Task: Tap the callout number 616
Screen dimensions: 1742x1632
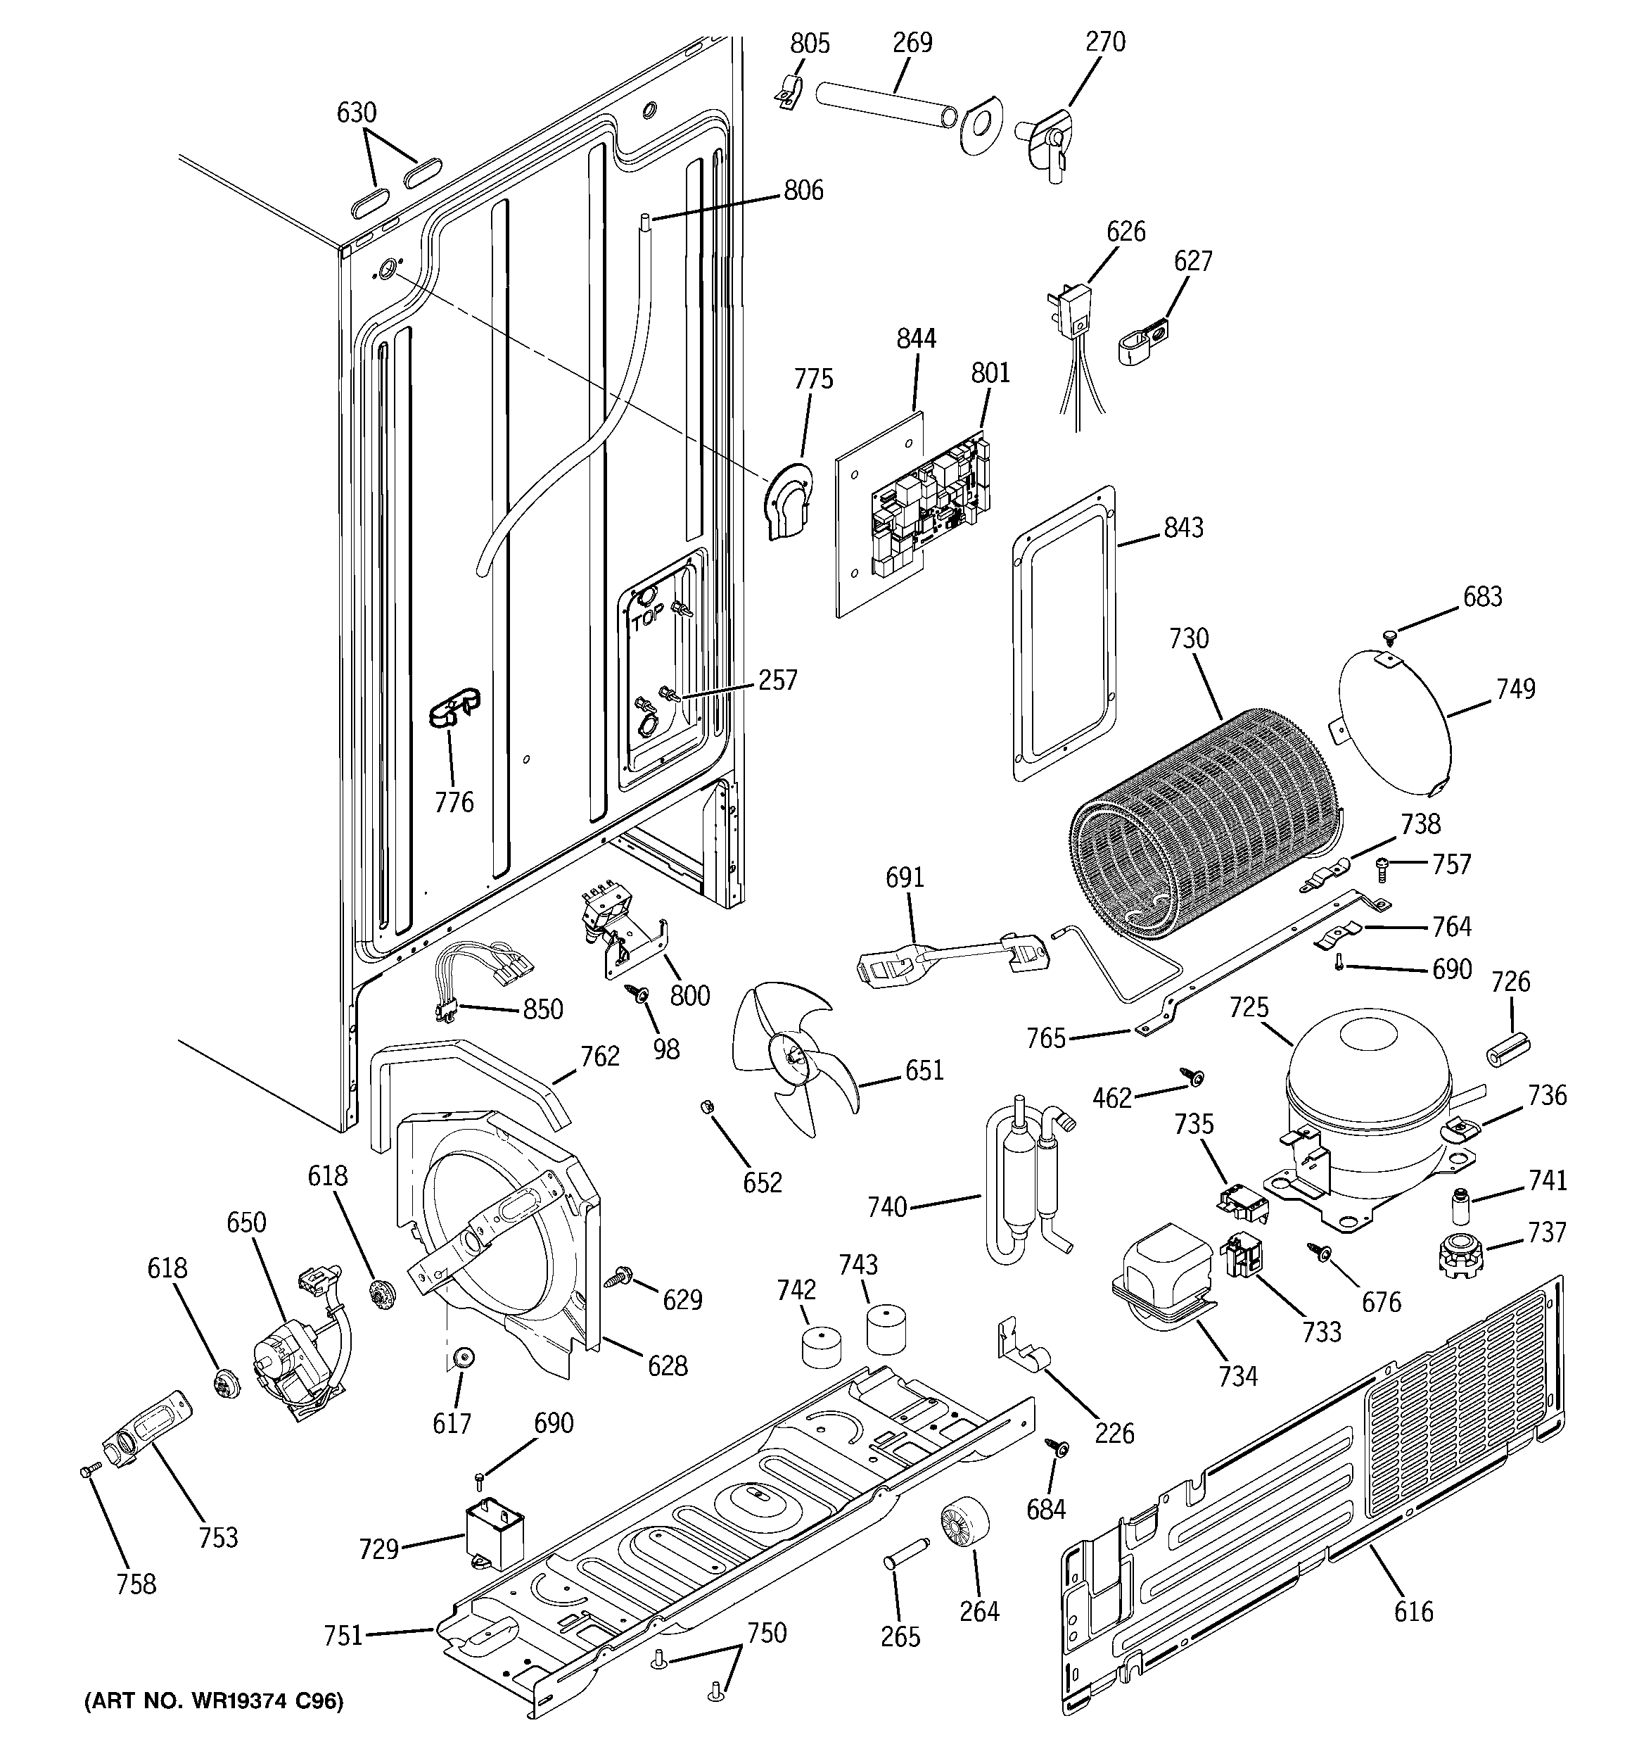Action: click(x=1413, y=1610)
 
